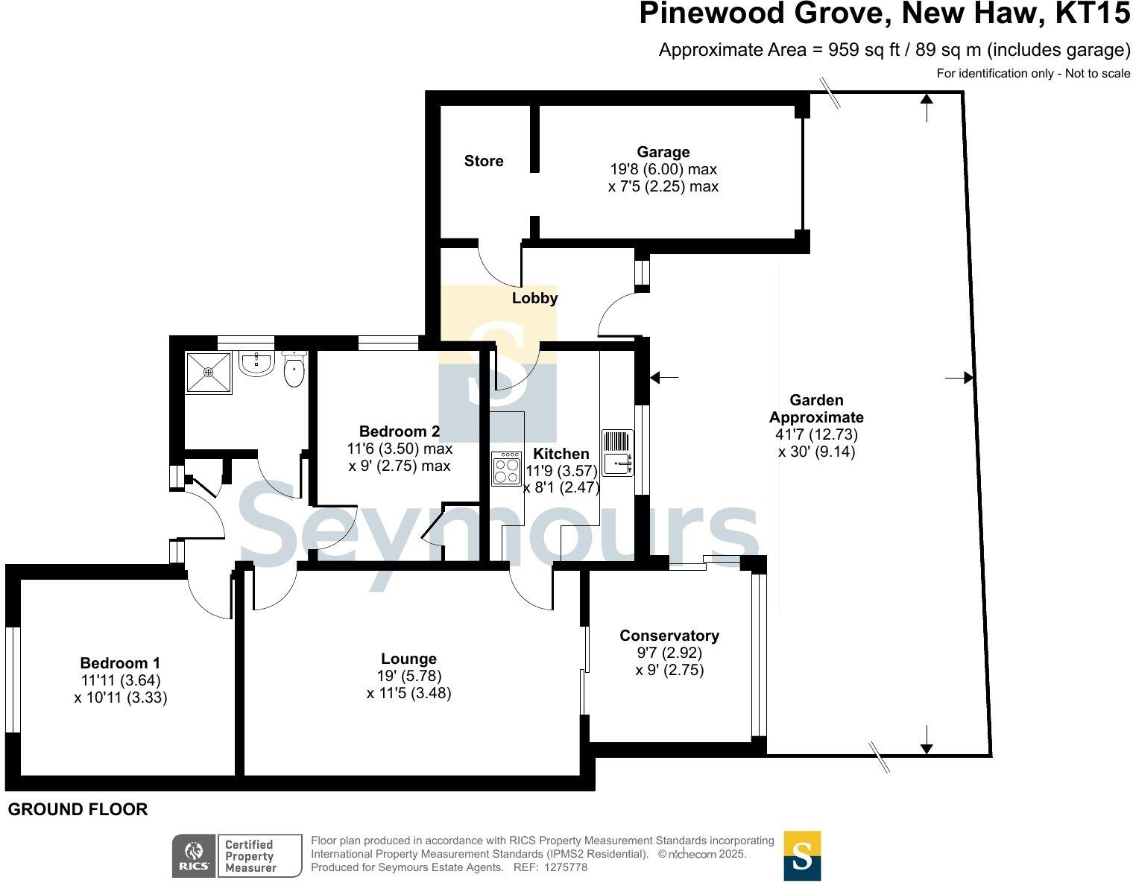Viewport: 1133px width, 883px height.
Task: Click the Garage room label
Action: pyautogui.click(x=663, y=152)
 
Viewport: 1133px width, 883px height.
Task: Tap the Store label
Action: pyautogui.click(x=484, y=161)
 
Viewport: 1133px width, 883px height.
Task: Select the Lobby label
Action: pyautogui.click(x=534, y=298)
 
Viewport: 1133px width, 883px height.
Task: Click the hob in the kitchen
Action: pyautogui.click(x=507, y=469)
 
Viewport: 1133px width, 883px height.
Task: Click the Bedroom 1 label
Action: pyautogui.click(x=120, y=663)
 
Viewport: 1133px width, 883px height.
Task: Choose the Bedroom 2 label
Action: pyautogui.click(x=399, y=431)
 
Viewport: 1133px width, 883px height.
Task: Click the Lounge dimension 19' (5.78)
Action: pyautogui.click(x=409, y=676)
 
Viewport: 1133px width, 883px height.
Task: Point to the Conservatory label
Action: pyautogui.click(x=669, y=636)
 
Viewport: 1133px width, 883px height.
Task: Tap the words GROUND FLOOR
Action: pyautogui.click(x=78, y=809)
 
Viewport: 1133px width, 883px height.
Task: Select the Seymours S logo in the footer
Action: pyautogui.click(x=802, y=855)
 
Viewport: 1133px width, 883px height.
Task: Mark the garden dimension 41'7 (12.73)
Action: pyautogui.click(x=816, y=434)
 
